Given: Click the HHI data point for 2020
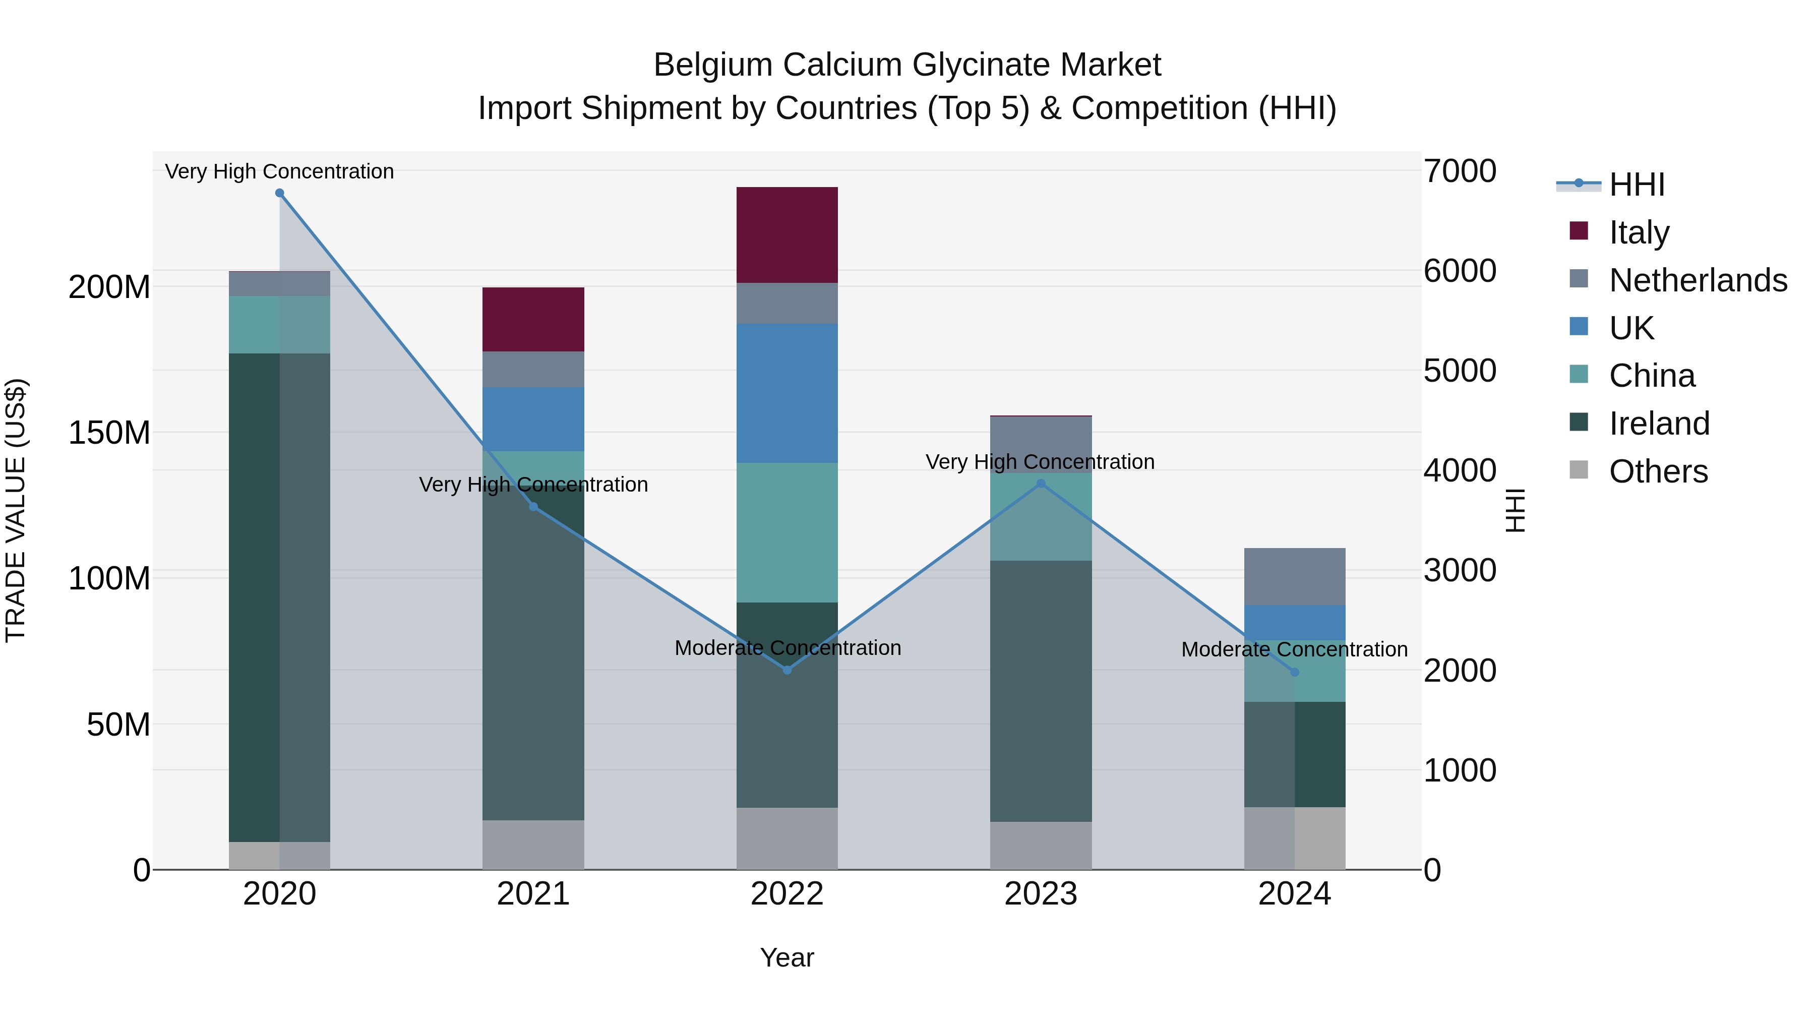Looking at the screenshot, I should [x=280, y=193].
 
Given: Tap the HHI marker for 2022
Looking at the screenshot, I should [x=787, y=670].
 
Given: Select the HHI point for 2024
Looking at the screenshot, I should [x=1294, y=672].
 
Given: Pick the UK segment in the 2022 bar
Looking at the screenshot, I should [x=787, y=393].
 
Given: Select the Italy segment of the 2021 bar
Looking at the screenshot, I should [x=533, y=319].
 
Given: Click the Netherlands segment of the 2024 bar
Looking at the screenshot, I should [x=1294, y=576].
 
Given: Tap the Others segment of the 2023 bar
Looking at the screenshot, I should [x=1041, y=846].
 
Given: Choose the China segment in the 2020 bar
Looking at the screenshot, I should [x=280, y=325].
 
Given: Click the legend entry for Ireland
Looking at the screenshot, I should [x=1659, y=424].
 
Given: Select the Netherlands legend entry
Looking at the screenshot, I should [x=1698, y=280].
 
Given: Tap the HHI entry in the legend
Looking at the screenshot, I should [x=1636, y=185].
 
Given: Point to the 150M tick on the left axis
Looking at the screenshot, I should [x=109, y=433].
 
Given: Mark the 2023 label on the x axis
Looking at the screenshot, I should [x=1041, y=894].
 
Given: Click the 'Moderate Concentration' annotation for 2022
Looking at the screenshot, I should [x=788, y=647].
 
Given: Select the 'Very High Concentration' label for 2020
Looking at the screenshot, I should [x=280, y=171].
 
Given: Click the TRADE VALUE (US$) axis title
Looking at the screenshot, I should [x=16, y=510].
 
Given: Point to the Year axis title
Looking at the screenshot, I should [x=787, y=957].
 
